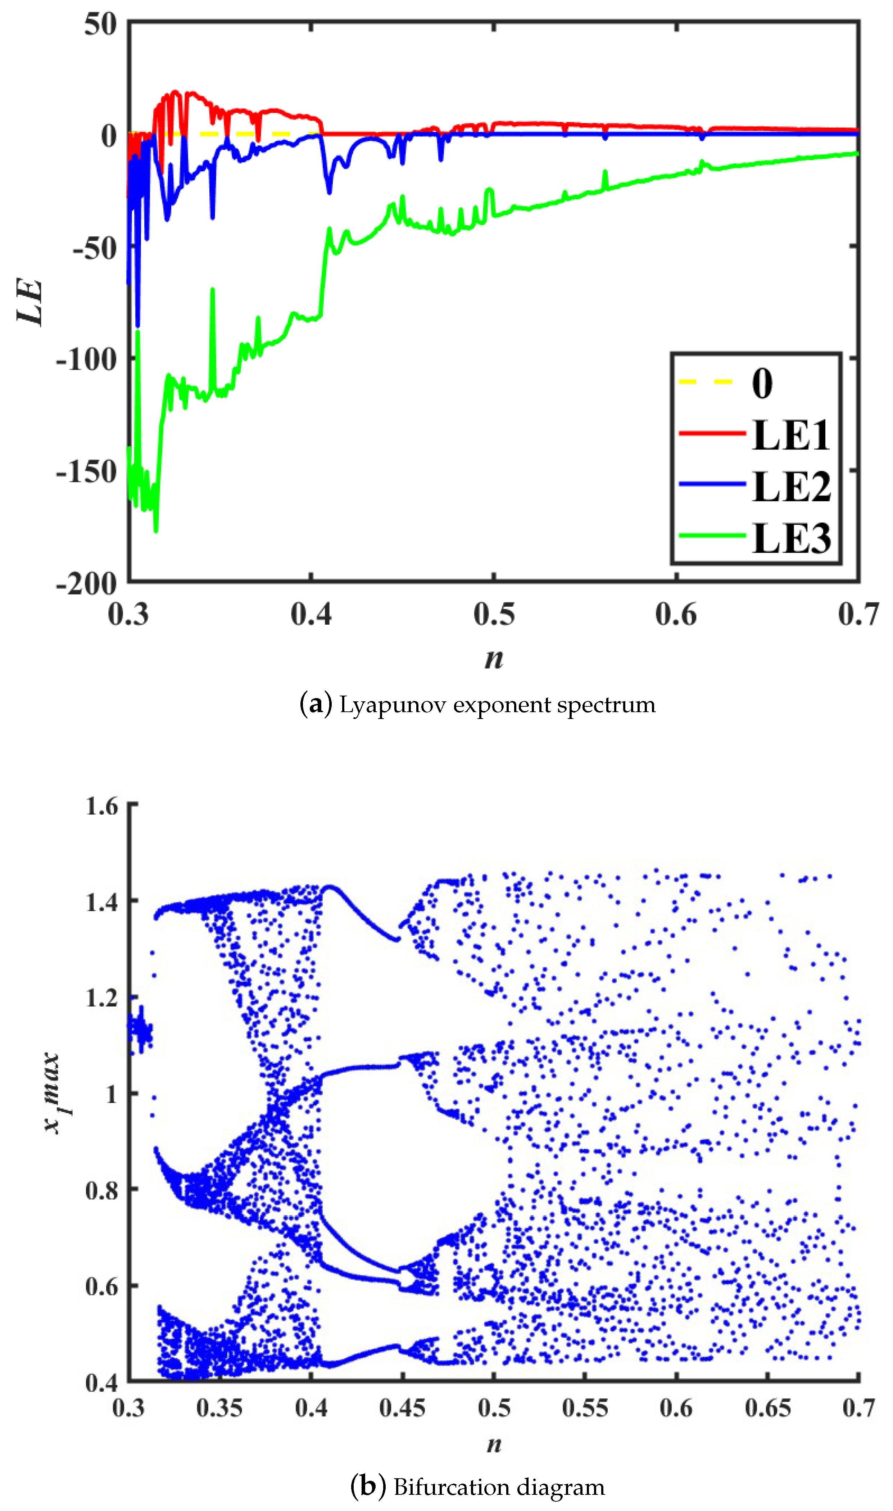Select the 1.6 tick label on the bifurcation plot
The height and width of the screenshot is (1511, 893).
(102, 806)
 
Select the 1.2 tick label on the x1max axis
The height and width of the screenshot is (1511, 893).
(102, 998)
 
